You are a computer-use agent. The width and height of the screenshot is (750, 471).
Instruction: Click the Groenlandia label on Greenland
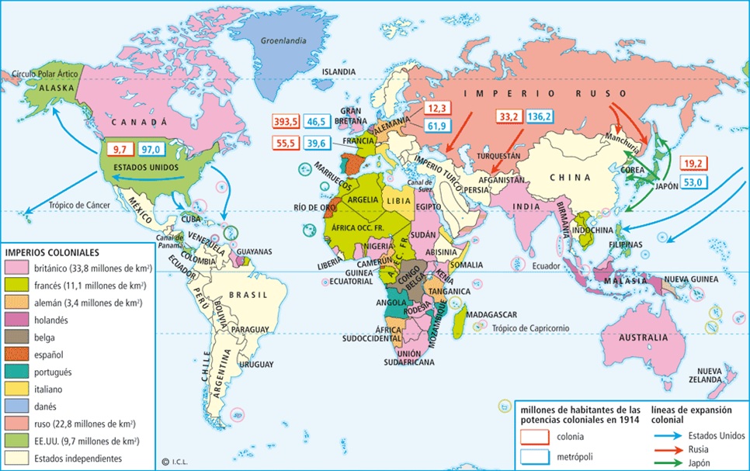(x=281, y=40)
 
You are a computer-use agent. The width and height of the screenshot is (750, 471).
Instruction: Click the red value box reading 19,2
(x=694, y=164)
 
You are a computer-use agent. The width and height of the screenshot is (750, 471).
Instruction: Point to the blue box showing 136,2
(x=540, y=117)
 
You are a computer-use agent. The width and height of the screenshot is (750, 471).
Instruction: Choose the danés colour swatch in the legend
(x=15, y=407)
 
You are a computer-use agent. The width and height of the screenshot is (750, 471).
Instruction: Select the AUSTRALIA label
(x=642, y=338)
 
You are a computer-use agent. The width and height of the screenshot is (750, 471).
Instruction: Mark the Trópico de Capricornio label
(x=530, y=328)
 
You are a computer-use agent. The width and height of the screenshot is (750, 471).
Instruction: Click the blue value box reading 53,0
(x=694, y=182)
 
